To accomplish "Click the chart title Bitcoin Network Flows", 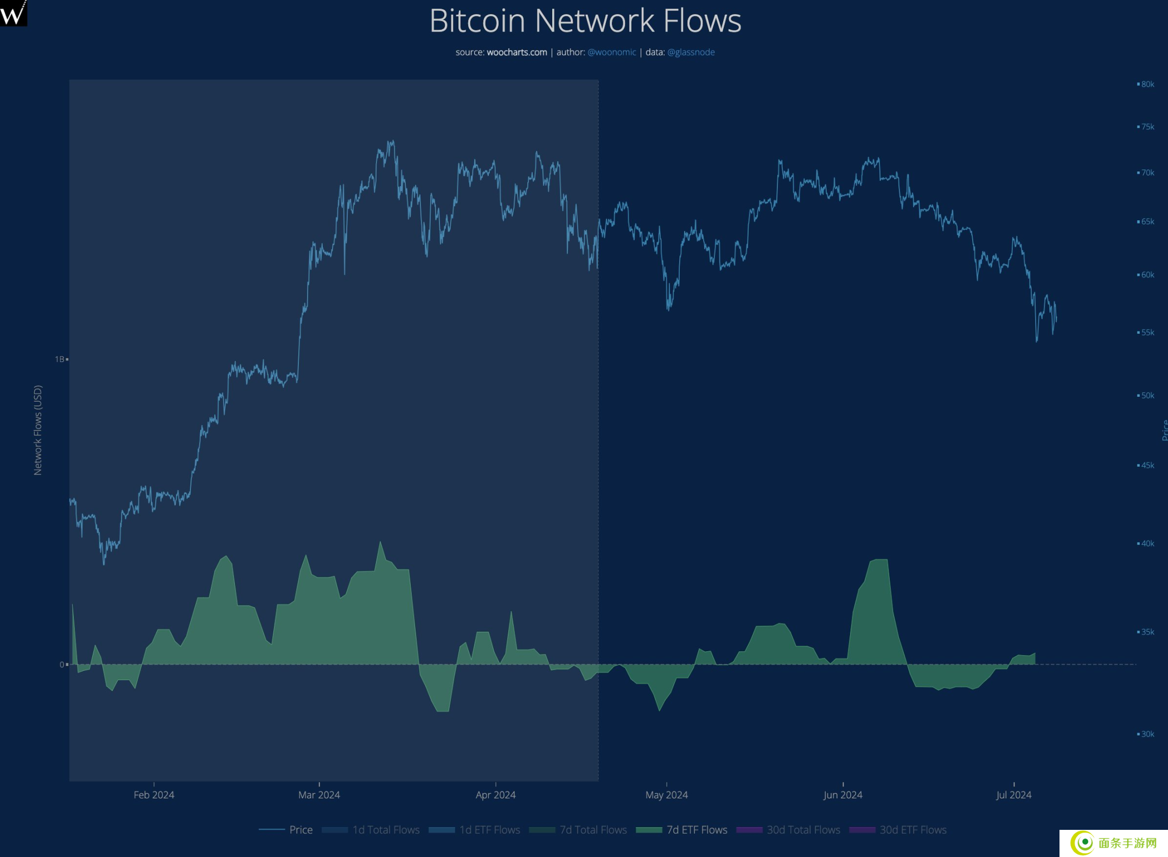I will [x=585, y=21].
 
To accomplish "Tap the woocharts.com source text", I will [x=516, y=52].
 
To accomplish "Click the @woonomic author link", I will [x=611, y=52].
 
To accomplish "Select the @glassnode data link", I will [x=691, y=52].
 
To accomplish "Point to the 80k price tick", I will [x=1147, y=84].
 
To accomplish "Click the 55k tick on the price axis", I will [x=1147, y=332].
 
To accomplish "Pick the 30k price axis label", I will [x=1147, y=734].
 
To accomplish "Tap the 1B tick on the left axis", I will [x=60, y=359].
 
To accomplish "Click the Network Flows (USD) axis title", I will [x=37, y=430].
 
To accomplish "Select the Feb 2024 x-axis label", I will [x=154, y=795].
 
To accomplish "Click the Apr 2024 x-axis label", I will [x=495, y=795].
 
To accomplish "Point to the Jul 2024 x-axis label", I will [x=1013, y=795].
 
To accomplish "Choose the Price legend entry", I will [x=301, y=830].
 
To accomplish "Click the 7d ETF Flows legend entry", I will [x=697, y=830].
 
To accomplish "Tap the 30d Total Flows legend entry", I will [x=803, y=830].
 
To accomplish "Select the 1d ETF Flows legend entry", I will [x=489, y=830].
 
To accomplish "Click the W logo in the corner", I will [x=13, y=12].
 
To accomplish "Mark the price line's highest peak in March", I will [x=392, y=142].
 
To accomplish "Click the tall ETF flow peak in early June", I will [x=879, y=561].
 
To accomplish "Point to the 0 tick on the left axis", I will [x=62, y=664].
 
